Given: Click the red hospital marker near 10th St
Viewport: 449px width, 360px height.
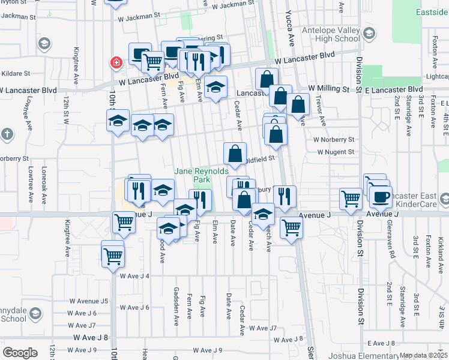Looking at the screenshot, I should [115, 62].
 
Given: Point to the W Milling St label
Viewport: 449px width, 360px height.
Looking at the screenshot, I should [329, 88].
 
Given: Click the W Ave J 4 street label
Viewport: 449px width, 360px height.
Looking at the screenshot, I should [134, 276].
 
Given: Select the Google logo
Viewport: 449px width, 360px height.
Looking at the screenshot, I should [19, 353].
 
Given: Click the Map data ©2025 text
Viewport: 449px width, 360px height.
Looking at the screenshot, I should [424, 355].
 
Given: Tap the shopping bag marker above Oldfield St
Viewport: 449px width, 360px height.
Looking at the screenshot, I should [235, 154].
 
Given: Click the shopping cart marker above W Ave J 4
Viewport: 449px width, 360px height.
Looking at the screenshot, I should [112, 256].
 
